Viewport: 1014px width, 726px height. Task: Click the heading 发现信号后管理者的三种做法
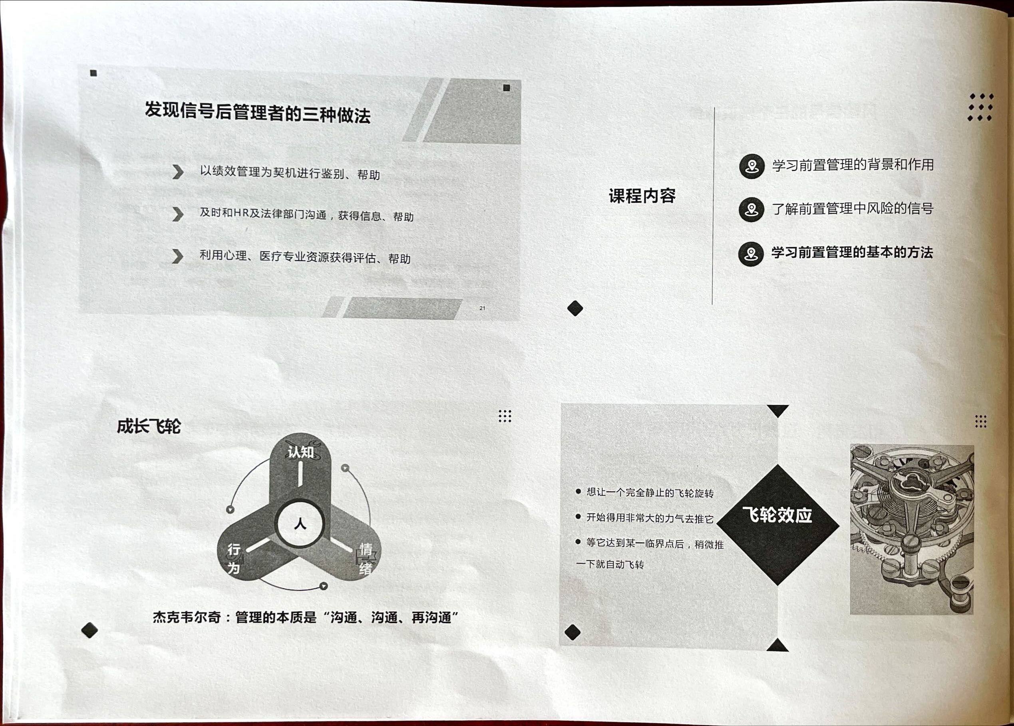point(258,112)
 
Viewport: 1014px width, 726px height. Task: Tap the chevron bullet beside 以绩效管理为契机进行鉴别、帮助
point(178,172)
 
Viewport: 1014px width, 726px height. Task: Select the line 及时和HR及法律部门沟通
point(263,214)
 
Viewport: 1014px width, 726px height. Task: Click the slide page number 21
point(482,308)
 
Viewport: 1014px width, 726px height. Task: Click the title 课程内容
point(642,196)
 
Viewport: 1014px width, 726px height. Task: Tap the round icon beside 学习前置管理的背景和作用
point(752,166)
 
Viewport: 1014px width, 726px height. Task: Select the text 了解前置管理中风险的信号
point(853,208)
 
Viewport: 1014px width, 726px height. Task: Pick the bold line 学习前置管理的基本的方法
point(852,252)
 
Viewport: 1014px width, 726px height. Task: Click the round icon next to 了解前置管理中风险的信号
point(752,210)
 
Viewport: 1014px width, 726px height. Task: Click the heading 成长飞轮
point(149,426)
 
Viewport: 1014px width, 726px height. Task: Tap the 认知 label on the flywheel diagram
point(300,452)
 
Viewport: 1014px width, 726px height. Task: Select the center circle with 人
point(300,524)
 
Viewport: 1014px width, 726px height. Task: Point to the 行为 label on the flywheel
point(234,558)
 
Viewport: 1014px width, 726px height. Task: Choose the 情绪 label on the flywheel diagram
point(366,558)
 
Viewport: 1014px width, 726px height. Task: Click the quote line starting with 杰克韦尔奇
point(306,617)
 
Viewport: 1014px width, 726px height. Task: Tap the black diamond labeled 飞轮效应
point(777,524)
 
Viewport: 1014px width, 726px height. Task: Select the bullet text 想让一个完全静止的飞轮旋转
point(650,493)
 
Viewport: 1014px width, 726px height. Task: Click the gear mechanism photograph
point(912,529)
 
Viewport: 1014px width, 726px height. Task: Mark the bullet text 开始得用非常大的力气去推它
point(650,518)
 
